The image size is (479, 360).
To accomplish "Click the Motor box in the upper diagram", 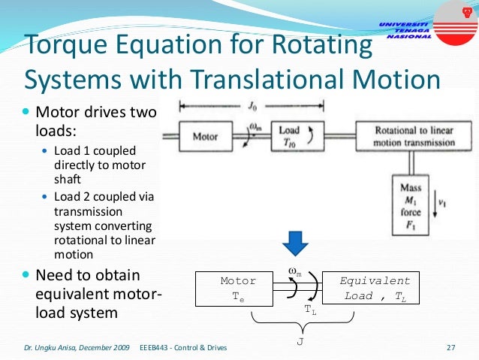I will coord(205,137).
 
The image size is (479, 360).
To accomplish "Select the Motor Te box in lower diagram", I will coord(238,289).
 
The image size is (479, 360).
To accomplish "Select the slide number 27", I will coord(451,348).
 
